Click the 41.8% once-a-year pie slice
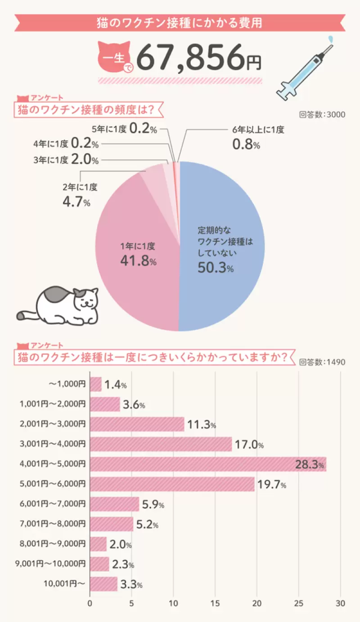138,252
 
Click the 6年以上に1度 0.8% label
257,137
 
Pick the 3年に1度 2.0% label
65,159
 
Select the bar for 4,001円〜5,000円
208,463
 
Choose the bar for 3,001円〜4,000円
161,444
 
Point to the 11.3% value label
201,424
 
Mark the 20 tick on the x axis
257,603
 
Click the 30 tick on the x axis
341,603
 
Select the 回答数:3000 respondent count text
321,115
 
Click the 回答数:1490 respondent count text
321,362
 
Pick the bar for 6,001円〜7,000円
114,503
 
